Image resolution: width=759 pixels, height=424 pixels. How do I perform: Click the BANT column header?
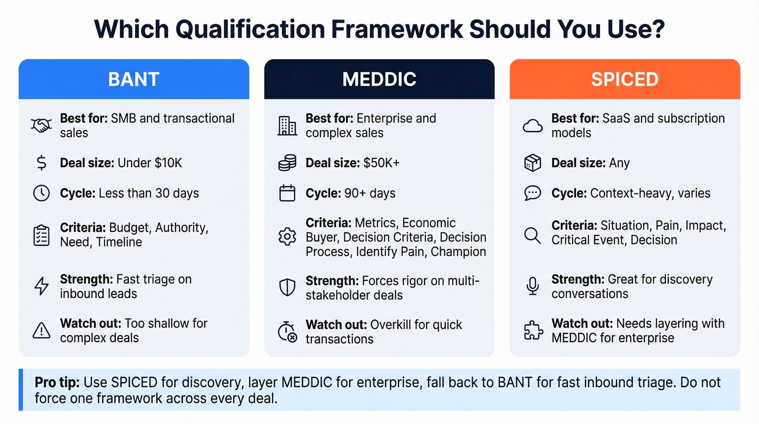point(133,79)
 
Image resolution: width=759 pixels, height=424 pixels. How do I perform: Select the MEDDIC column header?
point(379,79)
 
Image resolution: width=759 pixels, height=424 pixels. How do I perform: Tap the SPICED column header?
point(625,79)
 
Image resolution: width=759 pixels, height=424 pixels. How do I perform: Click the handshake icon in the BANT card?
point(42,125)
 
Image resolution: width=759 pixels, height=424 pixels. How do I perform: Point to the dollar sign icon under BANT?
point(42,163)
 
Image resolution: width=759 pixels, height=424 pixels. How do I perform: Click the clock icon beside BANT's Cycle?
point(42,193)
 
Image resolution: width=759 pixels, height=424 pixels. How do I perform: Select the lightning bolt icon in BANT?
point(42,287)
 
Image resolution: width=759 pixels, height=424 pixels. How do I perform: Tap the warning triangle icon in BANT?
point(42,331)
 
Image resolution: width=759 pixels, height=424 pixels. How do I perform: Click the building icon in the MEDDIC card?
point(287,125)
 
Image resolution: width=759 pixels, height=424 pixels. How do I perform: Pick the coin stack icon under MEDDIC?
point(287,163)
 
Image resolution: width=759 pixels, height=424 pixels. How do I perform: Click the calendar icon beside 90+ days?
point(287,193)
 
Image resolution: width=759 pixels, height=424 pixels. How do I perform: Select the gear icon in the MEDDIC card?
point(287,237)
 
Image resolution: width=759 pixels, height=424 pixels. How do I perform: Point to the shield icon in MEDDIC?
point(287,288)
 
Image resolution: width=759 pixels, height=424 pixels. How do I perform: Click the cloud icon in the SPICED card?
point(532,126)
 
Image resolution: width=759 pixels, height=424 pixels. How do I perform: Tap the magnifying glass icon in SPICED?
point(532,235)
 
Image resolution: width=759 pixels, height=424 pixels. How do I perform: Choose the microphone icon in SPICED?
point(532,287)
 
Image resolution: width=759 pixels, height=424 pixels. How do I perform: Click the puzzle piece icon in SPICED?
point(532,331)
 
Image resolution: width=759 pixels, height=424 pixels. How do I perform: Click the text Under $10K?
point(150,163)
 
